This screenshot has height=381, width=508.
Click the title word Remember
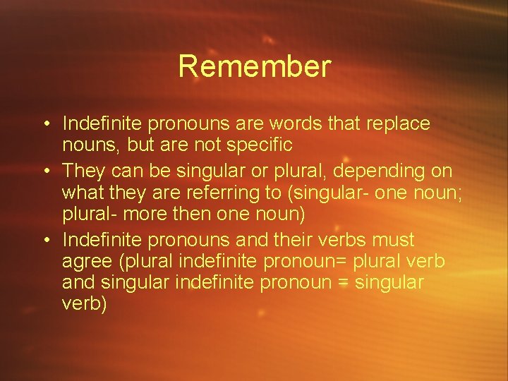tap(254, 67)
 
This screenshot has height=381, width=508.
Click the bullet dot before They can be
tap(44, 171)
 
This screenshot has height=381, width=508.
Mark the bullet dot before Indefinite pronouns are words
tap(44, 124)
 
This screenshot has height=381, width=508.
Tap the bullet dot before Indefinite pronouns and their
tap(44, 241)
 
